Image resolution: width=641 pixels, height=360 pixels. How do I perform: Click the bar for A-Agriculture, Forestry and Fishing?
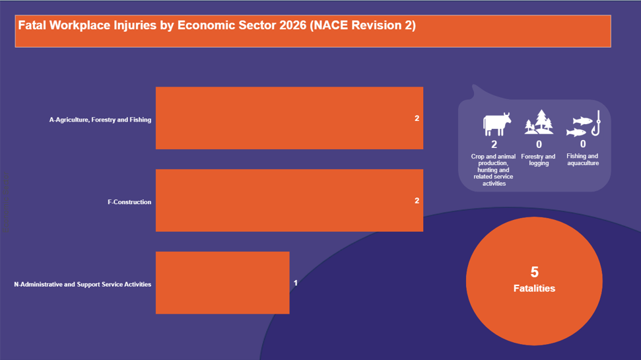pyautogui.click(x=289, y=118)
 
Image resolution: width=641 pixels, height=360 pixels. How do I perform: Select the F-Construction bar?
pyautogui.click(x=289, y=200)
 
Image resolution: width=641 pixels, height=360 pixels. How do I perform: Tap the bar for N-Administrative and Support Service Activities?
pyautogui.click(x=222, y=283)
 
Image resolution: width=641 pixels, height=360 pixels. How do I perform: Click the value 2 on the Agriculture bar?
pyautogui.click(x=417, y=118)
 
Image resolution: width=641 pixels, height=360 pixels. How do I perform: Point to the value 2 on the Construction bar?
pyautogui.click(x=417, y=200)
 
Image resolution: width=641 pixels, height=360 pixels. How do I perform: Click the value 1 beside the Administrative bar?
pyautogui.click(x=296, y=283)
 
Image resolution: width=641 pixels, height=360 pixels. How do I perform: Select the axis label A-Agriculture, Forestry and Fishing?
pyautogui.click(x=100, y=120)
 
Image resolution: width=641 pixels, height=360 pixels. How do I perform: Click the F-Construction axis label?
pyautogui.click(x=129, y=202)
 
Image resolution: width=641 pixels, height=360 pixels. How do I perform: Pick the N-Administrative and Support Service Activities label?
pyautogui.click(x=83, y=284)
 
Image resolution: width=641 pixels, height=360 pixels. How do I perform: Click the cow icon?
pyautogui.click(x=496, y=124)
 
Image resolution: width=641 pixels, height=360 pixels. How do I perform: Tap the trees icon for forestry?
pyautogui.click(x=539, y=122)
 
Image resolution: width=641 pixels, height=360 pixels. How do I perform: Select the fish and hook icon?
pyautogui.click(x=584, y=124)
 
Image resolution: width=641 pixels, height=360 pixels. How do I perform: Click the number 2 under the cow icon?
pyautogui.click(x=494, y=144)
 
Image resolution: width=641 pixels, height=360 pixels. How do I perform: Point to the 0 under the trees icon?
pyautogui.click(x=539, y=144)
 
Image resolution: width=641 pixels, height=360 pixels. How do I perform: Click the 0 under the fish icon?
pyautogui.click(x=583, y=143)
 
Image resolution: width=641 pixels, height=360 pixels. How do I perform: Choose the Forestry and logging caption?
pyautogui.click(x=539, y=160)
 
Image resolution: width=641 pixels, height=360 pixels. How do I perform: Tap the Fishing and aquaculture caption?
pyautogui.click(x=583, y=160)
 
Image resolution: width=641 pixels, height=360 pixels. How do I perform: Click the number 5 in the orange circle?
pyautogui.click(x=534, y=271)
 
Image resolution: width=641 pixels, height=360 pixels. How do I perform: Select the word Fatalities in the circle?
pyautogui.click(x=534, y=288)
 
